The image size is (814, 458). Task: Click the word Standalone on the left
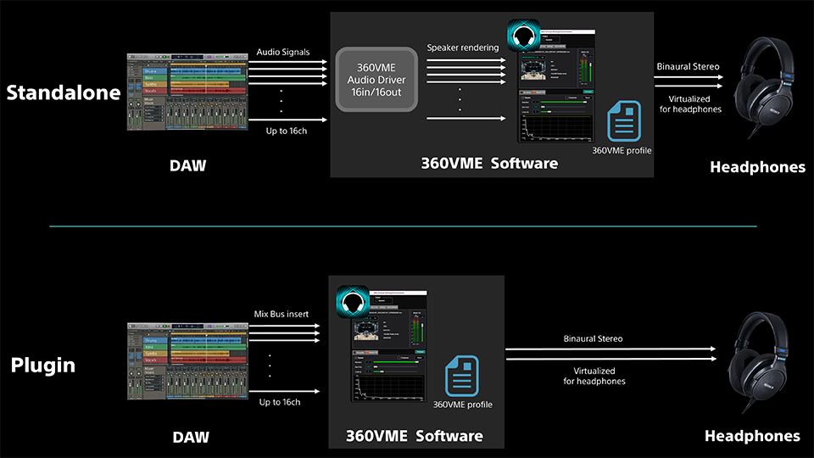pyautogui.click(x=64, y=92)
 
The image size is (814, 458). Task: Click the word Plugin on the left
pyautogui.click(x=43, y=366)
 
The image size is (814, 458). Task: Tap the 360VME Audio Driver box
pyautogui.click(x=376, y=80)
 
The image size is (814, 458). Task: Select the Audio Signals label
pyautogui.click(x=283, y=52)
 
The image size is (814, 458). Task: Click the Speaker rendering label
pyautogui.click(x=463, y=47)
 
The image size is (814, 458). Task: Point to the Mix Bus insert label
pyautogui.click(x=282, y=315)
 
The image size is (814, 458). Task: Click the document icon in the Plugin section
pyautogui.click(x=462, y=377)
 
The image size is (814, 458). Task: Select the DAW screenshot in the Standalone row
pyautogui.click(x=187, y=92)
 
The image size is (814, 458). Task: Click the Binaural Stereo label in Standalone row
pyautogui.click(x=688, y=66)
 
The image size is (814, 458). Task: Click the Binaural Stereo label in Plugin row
pyautogui.click(x=593, y=338)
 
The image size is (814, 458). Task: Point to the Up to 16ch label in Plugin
pyautogui.click(x=280, y=401)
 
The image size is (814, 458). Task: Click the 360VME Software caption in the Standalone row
pyautogui.click(x=489, y=163)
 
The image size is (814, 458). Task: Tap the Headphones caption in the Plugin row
pyautogui.click(x=752, y=436)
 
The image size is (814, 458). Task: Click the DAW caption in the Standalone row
pyautogui.click(x=187, y=165)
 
